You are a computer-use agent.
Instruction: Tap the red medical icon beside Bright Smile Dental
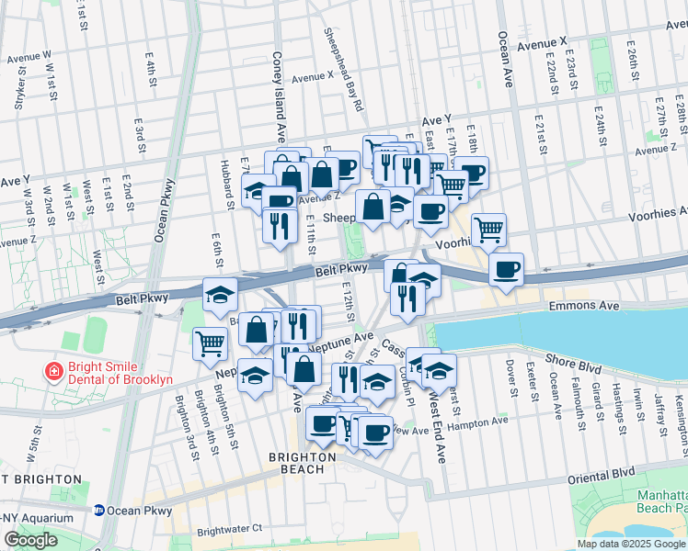[x=54, y=372]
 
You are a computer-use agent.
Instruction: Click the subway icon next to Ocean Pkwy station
[x=99, y=511]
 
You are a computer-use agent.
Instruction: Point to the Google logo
[x=30, y=540]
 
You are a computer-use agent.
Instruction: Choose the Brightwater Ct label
[x=229, y=529]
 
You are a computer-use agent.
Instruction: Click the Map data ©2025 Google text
[x=630, y=544]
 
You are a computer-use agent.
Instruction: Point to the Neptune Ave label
[x=341, y=342]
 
